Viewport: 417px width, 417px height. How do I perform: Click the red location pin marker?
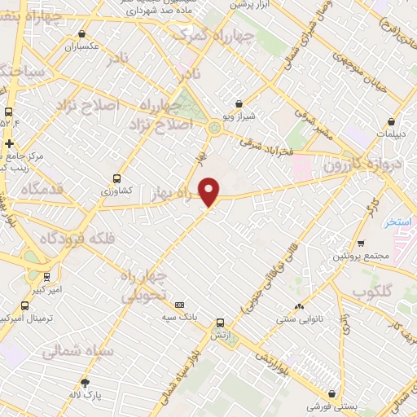[x=209, y=192]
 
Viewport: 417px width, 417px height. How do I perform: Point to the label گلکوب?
[x=375, y=292]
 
